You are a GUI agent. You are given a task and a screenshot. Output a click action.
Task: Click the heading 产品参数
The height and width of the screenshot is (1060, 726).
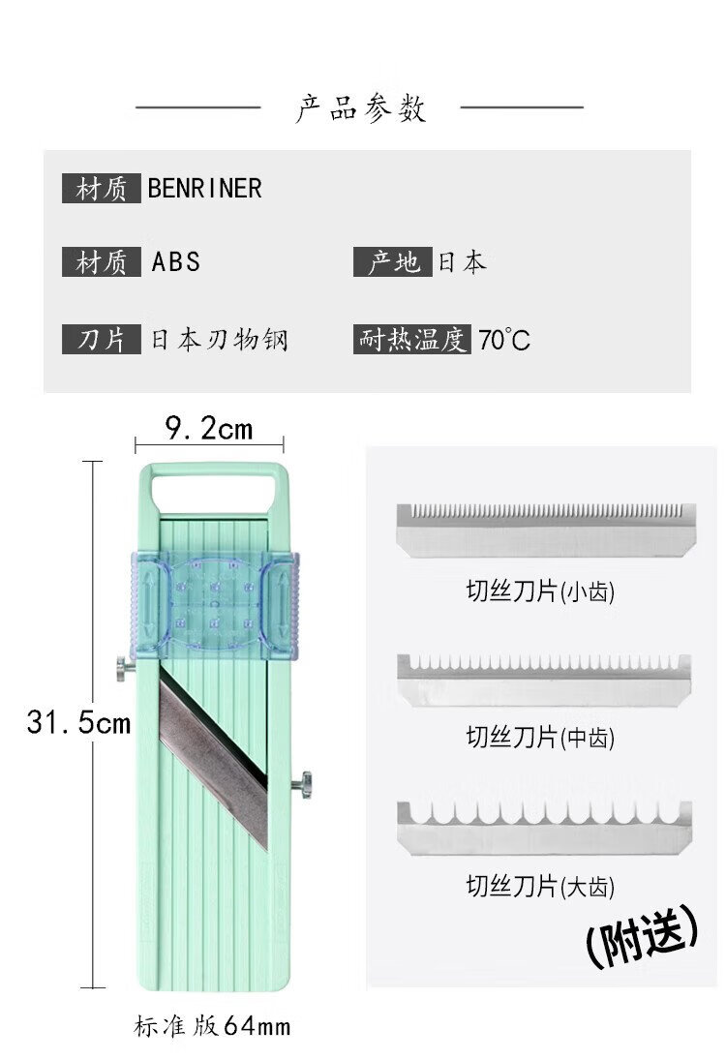[360, 107]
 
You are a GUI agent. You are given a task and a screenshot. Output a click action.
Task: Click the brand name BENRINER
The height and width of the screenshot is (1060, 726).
[204, 188]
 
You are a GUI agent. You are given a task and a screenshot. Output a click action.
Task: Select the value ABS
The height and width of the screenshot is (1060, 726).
[175, 261]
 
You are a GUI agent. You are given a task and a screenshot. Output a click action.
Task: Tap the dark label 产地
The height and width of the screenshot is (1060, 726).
[392, 261]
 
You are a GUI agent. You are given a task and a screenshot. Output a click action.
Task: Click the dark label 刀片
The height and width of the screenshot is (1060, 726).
[102, 340]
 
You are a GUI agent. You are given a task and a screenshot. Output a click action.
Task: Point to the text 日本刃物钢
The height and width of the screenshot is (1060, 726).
[219, 340]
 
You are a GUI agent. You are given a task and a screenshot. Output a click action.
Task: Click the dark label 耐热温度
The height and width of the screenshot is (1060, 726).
[412, 340]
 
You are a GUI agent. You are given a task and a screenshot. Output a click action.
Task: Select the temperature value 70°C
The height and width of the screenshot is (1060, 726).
[503, 341]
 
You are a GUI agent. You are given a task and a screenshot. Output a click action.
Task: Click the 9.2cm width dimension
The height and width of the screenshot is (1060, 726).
[208, 427]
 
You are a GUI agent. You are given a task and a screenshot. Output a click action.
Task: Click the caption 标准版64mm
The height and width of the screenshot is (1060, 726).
[211, 1025]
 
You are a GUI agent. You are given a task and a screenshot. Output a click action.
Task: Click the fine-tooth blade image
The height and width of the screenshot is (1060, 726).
[546, 529]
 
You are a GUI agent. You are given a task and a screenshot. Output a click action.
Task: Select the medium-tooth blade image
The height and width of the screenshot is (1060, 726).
[545, 680]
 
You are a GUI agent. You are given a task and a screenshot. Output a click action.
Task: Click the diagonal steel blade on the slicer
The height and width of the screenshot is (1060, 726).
[212, 756]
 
